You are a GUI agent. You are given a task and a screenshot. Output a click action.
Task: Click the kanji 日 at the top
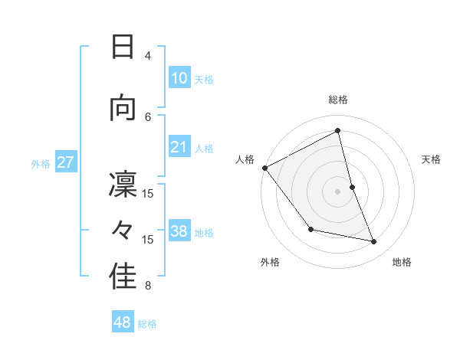(123, 47)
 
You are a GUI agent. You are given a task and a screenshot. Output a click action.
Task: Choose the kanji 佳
(123, 277)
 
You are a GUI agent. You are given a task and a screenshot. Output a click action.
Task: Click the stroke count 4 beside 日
(148, 56)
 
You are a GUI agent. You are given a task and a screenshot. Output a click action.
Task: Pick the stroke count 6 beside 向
(148, 116)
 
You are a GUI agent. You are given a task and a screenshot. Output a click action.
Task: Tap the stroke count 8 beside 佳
(148, 286)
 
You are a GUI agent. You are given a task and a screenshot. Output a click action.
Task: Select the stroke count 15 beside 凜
(148, 193)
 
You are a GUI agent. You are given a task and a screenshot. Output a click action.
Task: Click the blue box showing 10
(179, 78)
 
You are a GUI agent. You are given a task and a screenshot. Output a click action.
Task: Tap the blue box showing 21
(179, 147)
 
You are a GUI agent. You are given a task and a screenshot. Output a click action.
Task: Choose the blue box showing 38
(179, 231)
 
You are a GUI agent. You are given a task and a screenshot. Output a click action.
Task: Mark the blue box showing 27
(65, 162)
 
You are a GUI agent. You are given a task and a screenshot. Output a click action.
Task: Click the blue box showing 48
(123, 322)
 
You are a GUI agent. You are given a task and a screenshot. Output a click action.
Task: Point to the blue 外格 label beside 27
(41, 163)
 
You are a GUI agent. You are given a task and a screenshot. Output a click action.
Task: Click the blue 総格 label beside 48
(147, 323)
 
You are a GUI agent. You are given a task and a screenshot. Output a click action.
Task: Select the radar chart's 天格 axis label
(432, 159)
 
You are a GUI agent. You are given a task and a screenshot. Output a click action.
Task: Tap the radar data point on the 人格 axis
(264, 168)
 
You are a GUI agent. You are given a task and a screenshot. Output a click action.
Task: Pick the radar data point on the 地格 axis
(374, 242)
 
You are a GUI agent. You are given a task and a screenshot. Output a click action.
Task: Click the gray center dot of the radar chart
(337, 191)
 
